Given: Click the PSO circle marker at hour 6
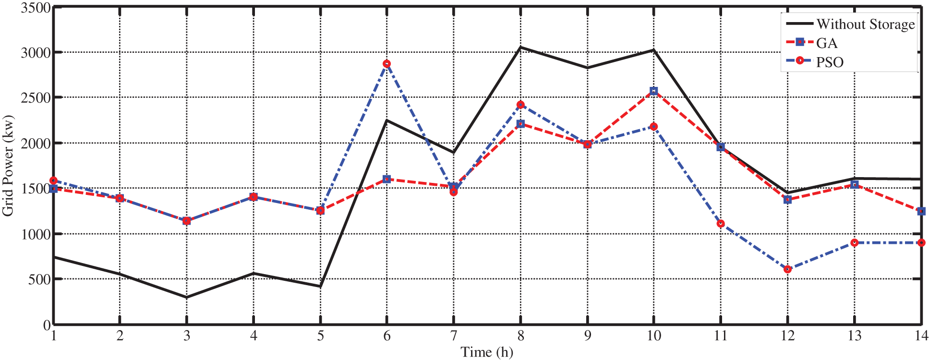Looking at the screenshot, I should click(387, 64).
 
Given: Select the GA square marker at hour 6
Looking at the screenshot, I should click(387, 179).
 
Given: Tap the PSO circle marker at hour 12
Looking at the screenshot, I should click(787, 269).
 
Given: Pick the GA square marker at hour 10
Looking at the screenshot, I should click(654, 91).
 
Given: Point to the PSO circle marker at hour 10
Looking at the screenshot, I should click(654, 126).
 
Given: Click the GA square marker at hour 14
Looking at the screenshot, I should click(921, 211).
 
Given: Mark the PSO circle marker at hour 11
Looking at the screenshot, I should click(721, 224).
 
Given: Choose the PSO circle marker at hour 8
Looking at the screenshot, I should click(520, 105).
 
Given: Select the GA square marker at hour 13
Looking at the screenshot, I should click(854, 184).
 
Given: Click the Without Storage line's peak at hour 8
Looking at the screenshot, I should click(520, 47).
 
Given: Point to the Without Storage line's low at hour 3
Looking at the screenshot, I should click(187, 297).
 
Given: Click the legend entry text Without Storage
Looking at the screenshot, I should click(866, 24).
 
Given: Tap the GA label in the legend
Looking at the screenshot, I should click(827, 43).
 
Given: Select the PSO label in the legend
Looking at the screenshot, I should click(830, 62).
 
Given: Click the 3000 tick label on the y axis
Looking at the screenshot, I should click(36, 52).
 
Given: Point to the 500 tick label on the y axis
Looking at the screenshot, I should click(39, 279).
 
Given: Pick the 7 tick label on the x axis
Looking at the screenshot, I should click(454, 336).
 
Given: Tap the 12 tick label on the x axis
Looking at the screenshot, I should click(787, 336).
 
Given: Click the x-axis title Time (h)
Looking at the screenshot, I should click(487, 352).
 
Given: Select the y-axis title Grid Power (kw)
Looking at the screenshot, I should click(8, 166).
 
